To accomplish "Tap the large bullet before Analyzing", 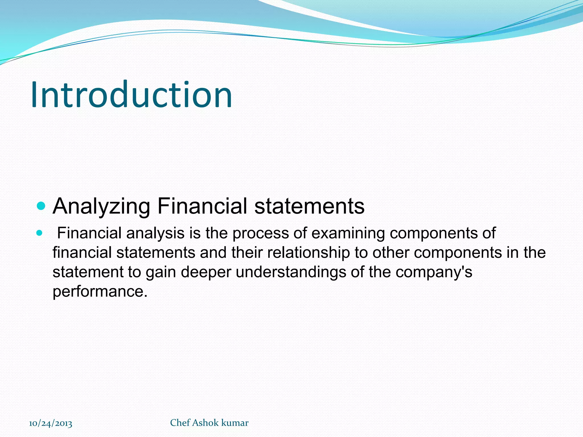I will [41, 206].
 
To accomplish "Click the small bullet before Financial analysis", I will [40, 233].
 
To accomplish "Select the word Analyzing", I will [102, 207].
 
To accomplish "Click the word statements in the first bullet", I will [309, 206].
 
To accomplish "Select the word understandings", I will [291, 272].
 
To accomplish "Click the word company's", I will [434, 272].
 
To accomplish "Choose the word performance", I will [100, 292].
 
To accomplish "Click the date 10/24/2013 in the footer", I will [51, 423].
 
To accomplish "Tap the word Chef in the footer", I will [180, 423].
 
